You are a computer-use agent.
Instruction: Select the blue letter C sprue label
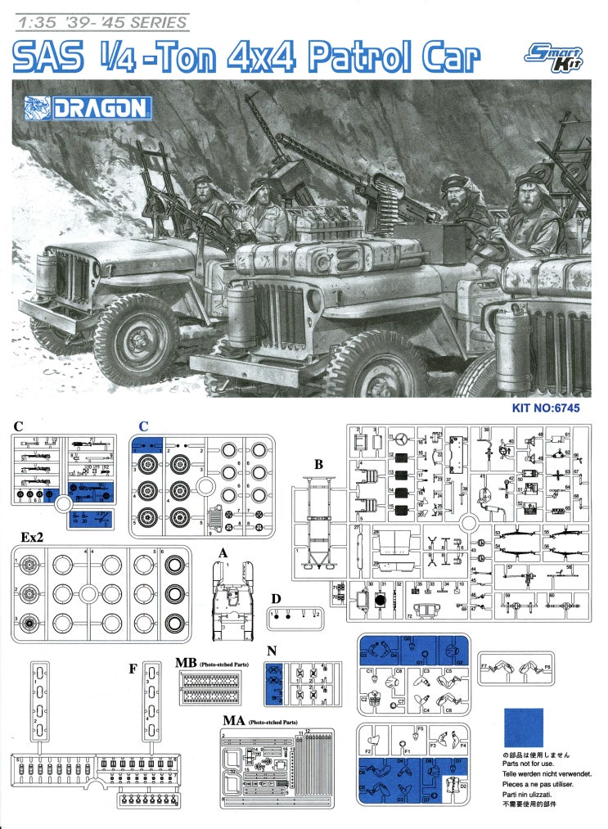coord(142,426)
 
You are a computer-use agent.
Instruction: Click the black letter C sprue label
coord(18,426)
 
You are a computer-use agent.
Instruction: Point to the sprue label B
coord(319,464)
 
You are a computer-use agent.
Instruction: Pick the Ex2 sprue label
coord(32,536)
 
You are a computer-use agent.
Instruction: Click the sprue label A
coord(222,552)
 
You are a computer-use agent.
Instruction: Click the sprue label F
coord(133,669)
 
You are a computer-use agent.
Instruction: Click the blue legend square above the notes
coord(523,727)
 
